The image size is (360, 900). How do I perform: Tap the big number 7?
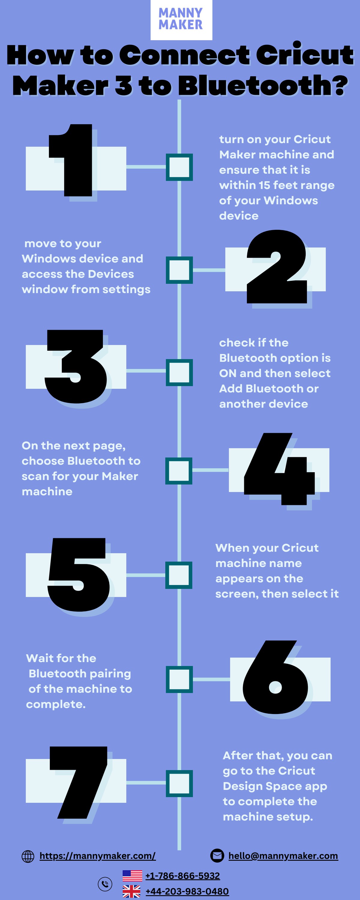coord(78,783)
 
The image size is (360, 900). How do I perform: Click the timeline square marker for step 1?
coord(179,167)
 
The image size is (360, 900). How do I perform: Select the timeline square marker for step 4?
coord(179,471)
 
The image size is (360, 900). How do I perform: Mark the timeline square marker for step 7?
coord(179,783)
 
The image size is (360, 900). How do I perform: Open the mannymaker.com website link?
coord(97,856)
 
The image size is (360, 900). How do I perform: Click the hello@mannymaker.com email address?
coord(283,856)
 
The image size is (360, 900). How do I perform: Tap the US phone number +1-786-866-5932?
coord(182,876)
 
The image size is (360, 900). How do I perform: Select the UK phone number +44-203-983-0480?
coord(187,892)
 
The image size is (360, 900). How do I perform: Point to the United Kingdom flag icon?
coord(131,892)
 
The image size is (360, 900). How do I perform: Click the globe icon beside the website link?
coord(28,856)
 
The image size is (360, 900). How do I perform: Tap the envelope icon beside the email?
coord(217,856)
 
